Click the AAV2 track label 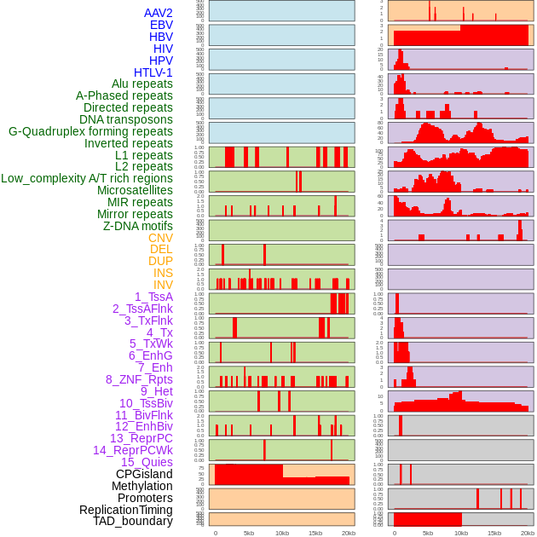[158, 13]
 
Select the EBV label [161, 25]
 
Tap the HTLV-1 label [153, 72]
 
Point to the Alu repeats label [142, 84]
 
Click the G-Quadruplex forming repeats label [90, 131]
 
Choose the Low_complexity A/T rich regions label [87, 178]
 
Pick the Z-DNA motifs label [137, 226]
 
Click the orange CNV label [160, 238]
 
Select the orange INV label [163, 285]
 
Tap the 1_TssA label [153, 297]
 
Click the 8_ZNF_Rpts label [139, 379]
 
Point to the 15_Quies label [146, 462]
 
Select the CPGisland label [144, 474]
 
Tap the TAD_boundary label [133, 521]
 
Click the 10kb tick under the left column [282, 533]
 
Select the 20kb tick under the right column [528, 533]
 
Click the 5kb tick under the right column [428, 533]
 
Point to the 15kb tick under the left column [315, 533]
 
